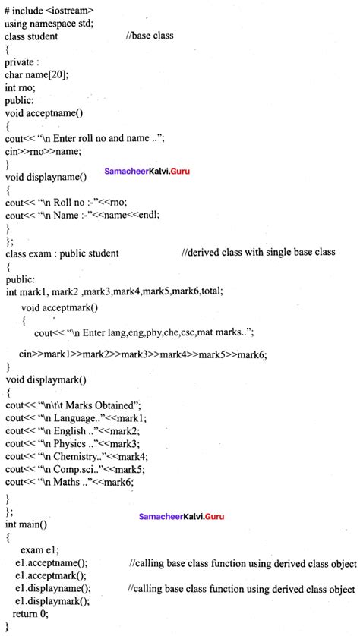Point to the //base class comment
click(x=156, y=36)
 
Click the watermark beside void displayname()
click(x=147, y=172)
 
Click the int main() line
click(x=26, y=524)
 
